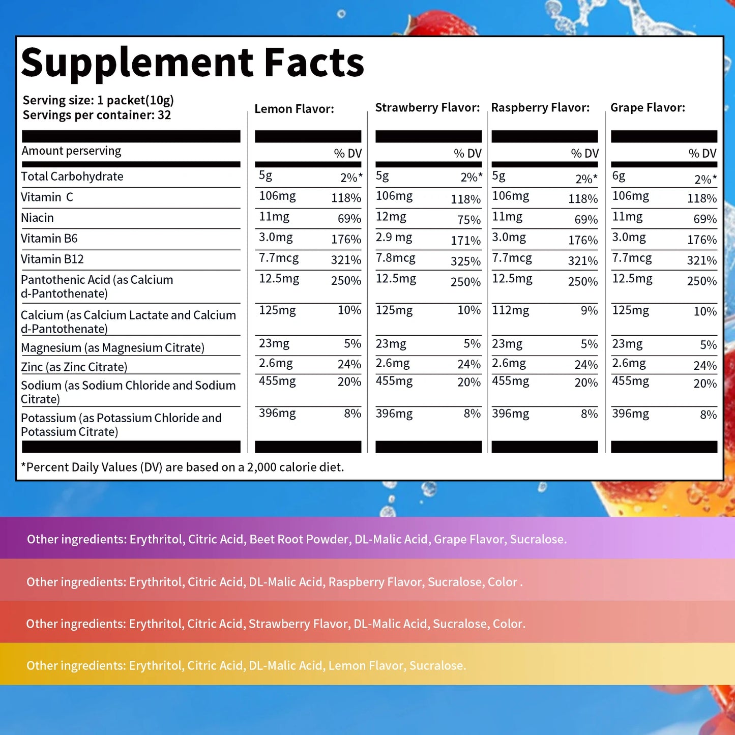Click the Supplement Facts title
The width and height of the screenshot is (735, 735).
(x=192, y=63)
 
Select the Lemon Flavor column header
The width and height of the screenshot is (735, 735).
(x=294, y=109)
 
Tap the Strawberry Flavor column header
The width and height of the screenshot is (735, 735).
(x=427, y=108)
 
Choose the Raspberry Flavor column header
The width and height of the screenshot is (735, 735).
(x=540, y=108)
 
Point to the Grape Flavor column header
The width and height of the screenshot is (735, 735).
(x=648, y=108)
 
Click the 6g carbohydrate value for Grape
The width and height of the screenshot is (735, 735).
(x=619, y=176)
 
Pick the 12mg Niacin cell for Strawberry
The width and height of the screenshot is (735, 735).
(x=391, y=217)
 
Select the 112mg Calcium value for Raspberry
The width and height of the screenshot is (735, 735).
(x=510, y=310)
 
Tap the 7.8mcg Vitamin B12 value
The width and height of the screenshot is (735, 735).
(x=395, y=258)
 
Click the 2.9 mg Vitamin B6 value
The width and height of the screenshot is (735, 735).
(x=394, y=238)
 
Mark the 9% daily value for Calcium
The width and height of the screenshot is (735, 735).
(x=589, y=310)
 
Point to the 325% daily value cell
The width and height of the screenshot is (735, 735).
(x=465, y=261)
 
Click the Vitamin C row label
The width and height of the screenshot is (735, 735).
(x=47, y=197)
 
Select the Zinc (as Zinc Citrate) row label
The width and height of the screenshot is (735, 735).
(x=74, y=367)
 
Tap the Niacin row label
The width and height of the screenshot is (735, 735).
(x=37, y=218)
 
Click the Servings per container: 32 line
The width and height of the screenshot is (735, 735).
(x=97, y=115)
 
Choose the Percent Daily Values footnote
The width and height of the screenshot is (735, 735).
(x=182, y=467)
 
